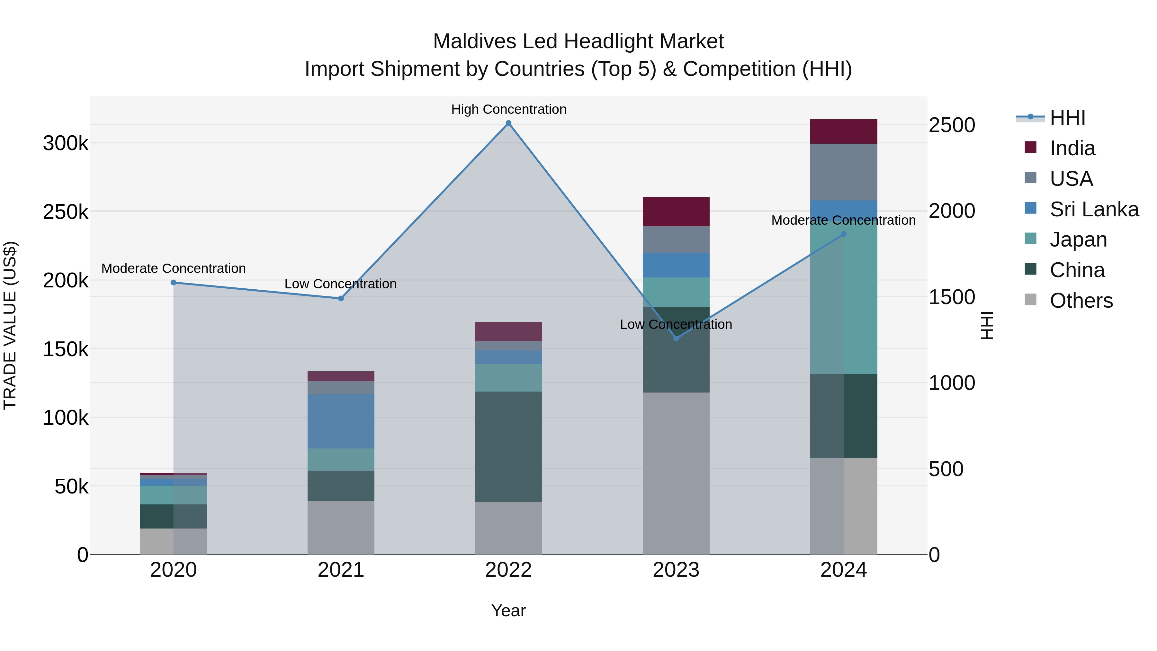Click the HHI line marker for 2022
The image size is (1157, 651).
(x=508, y=123)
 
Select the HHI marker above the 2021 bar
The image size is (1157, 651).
(x=341, y=298)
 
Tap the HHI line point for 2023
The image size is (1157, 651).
(x=676, y=338)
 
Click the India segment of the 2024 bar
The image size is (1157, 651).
(x=844, y=131)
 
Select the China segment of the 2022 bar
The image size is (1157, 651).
(x=508, y=446)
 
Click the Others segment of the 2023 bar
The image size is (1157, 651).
(x=676, y=473)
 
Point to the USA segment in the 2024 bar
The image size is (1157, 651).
(x=844, y=172)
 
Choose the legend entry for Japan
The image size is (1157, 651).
(x=1078, y=240)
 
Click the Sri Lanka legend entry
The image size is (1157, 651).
(x=1094, y=209)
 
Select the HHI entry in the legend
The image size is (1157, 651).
(x=1067, y=118)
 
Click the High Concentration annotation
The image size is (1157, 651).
(x=508, y=109)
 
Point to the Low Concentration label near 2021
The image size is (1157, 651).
(x=340, y=284)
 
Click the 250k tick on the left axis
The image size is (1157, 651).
(x=66, y=212)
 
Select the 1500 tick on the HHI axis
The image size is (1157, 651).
(x=951, y=297)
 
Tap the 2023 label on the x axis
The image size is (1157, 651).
(x=676, y=570)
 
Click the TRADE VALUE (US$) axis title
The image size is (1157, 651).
(x=10, y=325)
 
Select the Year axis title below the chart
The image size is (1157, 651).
(x=508, y=610)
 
